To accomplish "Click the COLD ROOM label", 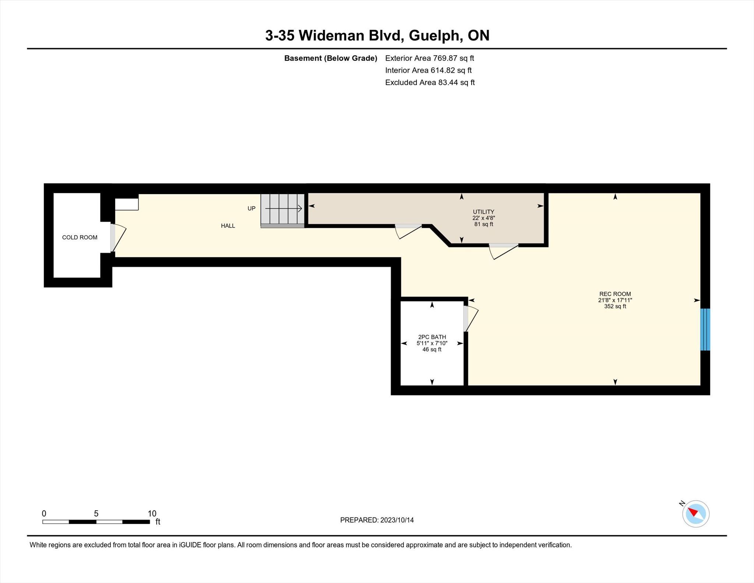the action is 80,238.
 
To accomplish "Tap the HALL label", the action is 228,226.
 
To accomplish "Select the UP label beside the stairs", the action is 251,208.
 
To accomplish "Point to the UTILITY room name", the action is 483,212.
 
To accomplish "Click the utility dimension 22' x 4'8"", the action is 483,218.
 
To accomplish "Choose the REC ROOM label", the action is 615,294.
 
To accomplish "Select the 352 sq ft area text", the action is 615,306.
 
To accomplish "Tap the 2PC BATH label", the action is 432,337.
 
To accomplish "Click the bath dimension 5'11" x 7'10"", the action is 432,343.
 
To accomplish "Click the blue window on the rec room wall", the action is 705,330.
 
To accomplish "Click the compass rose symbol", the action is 695,514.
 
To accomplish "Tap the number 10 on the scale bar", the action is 152,513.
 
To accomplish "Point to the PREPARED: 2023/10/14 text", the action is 377,520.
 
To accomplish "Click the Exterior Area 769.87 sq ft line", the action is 430,58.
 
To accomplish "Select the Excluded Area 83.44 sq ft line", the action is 430,82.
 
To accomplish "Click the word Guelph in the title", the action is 435,36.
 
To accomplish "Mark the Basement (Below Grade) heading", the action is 331,58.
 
